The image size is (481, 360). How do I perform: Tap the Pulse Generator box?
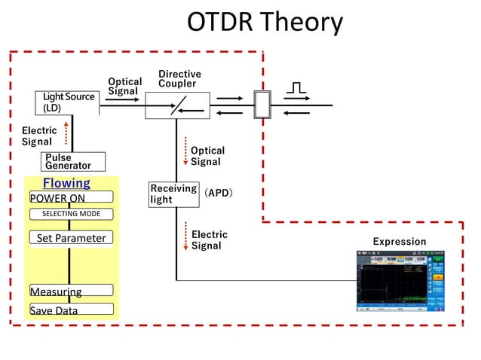[72, 162]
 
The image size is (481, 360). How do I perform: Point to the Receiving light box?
[173, 194]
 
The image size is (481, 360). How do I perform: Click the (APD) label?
[219, 193]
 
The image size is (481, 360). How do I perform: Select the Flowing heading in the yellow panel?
[66, 183]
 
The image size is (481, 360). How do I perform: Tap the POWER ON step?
[71, 197]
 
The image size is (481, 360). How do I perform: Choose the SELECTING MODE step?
[71, 214]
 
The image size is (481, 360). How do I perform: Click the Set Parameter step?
[71, 238]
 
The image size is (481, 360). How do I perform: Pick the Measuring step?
[71, 291]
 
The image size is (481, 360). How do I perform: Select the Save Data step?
[71, 310]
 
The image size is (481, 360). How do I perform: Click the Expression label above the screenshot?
[400, 242]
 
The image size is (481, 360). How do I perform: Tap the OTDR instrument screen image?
[400, 281]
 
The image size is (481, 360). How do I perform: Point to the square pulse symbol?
[296, 88]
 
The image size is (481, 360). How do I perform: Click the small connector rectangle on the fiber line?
[262, 105]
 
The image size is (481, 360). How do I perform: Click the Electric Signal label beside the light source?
[39, 136]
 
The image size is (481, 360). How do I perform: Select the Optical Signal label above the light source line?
[124, 86]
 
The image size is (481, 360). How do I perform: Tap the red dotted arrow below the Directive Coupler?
[185, 151]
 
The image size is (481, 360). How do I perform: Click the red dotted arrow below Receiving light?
[185, 236]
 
